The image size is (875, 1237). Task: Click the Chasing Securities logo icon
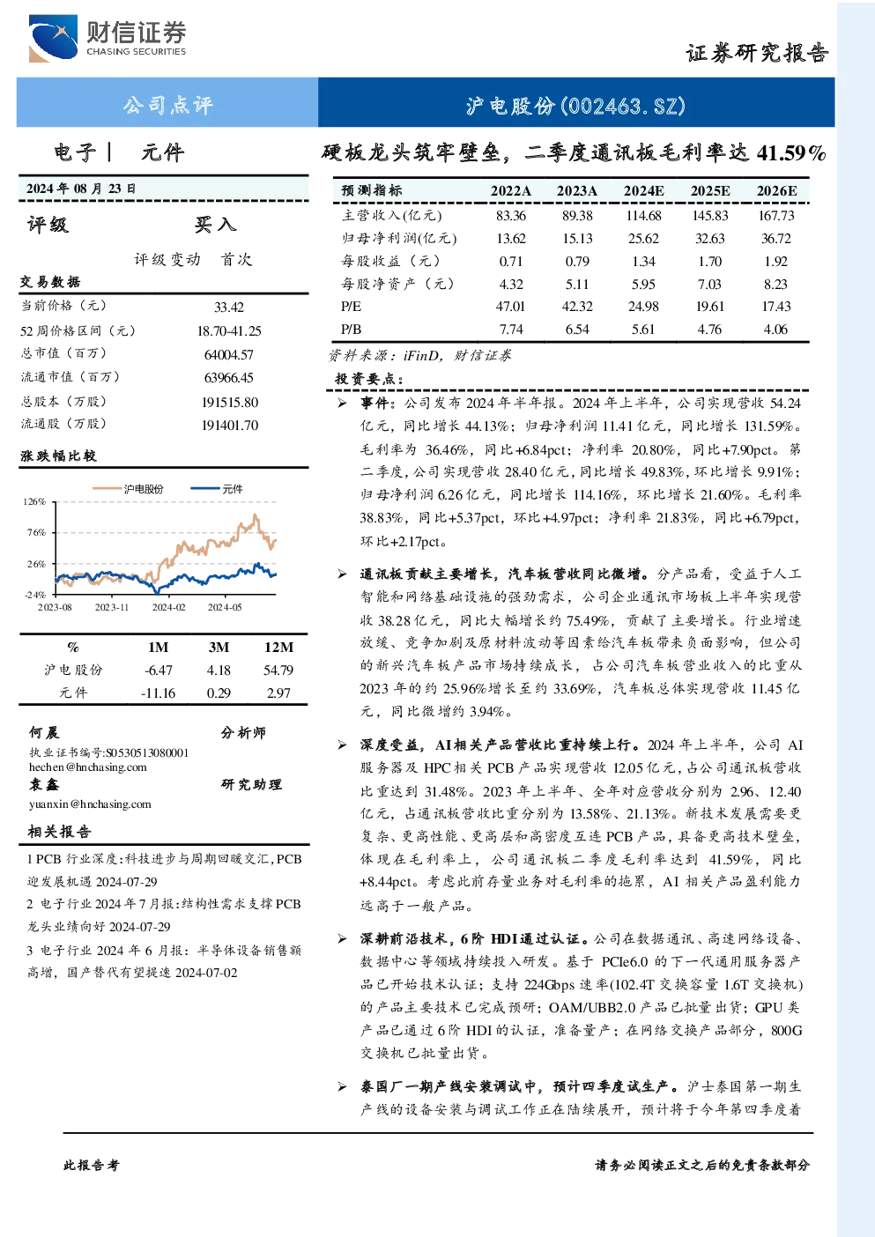[53, 38]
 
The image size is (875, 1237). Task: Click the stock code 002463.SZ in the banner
[623, 106]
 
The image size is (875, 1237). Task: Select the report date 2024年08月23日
[81, 189]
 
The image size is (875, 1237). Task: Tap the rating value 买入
[215, 224]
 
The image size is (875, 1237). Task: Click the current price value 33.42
[229, 307]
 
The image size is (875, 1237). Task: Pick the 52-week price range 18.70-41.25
[229, 330]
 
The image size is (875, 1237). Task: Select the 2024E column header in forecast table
[643, 191]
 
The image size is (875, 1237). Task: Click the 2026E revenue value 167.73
[776, 215]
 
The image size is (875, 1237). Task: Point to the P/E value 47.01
[511, 306]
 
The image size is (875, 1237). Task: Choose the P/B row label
[351, 330]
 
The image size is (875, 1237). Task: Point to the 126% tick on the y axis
[34, 501]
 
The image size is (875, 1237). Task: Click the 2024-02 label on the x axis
[168, 607]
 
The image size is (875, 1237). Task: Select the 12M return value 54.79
[278, 670]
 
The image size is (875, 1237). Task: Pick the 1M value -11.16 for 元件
[158, 693]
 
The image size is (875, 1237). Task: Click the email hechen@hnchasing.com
[88, 767]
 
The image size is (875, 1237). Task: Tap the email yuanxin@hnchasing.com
[90, 804]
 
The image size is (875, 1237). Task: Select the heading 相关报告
[60, 832]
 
